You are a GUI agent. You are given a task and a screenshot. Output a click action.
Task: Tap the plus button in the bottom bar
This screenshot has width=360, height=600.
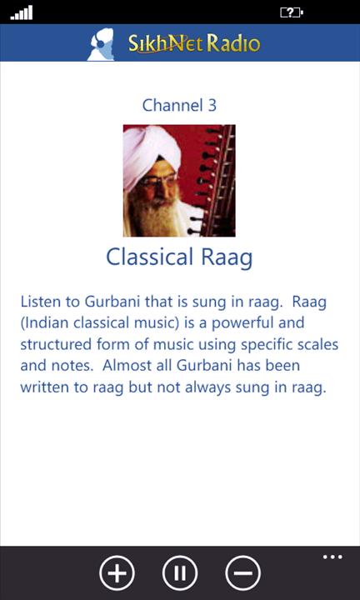pos(117,573)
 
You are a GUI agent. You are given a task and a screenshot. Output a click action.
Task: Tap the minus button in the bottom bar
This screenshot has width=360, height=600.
pos(243,573)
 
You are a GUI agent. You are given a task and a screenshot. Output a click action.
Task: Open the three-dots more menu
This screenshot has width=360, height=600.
pos(332,557)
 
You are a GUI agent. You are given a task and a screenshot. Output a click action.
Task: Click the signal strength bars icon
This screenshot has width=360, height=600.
pos(22,12)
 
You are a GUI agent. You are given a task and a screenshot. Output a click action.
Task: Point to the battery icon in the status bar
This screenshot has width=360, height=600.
pos(292,13)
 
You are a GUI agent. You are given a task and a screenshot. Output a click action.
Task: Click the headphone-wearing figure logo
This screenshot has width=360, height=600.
pos(101,44)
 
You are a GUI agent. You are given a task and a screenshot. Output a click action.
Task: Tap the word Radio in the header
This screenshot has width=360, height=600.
pos(234,43)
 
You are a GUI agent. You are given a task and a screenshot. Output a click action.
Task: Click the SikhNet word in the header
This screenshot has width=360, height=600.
pos(167,43)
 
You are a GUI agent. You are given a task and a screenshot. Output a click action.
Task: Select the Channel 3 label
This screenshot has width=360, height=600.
pos(179,105)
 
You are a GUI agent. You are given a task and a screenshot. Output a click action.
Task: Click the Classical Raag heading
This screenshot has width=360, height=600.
pos(179,257)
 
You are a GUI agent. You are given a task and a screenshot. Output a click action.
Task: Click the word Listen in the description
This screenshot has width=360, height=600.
pos(41,302)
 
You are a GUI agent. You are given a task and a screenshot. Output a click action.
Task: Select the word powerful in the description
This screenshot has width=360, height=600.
pos(243,323)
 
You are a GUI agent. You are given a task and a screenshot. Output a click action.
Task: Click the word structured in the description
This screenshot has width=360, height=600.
pos(56,345)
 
